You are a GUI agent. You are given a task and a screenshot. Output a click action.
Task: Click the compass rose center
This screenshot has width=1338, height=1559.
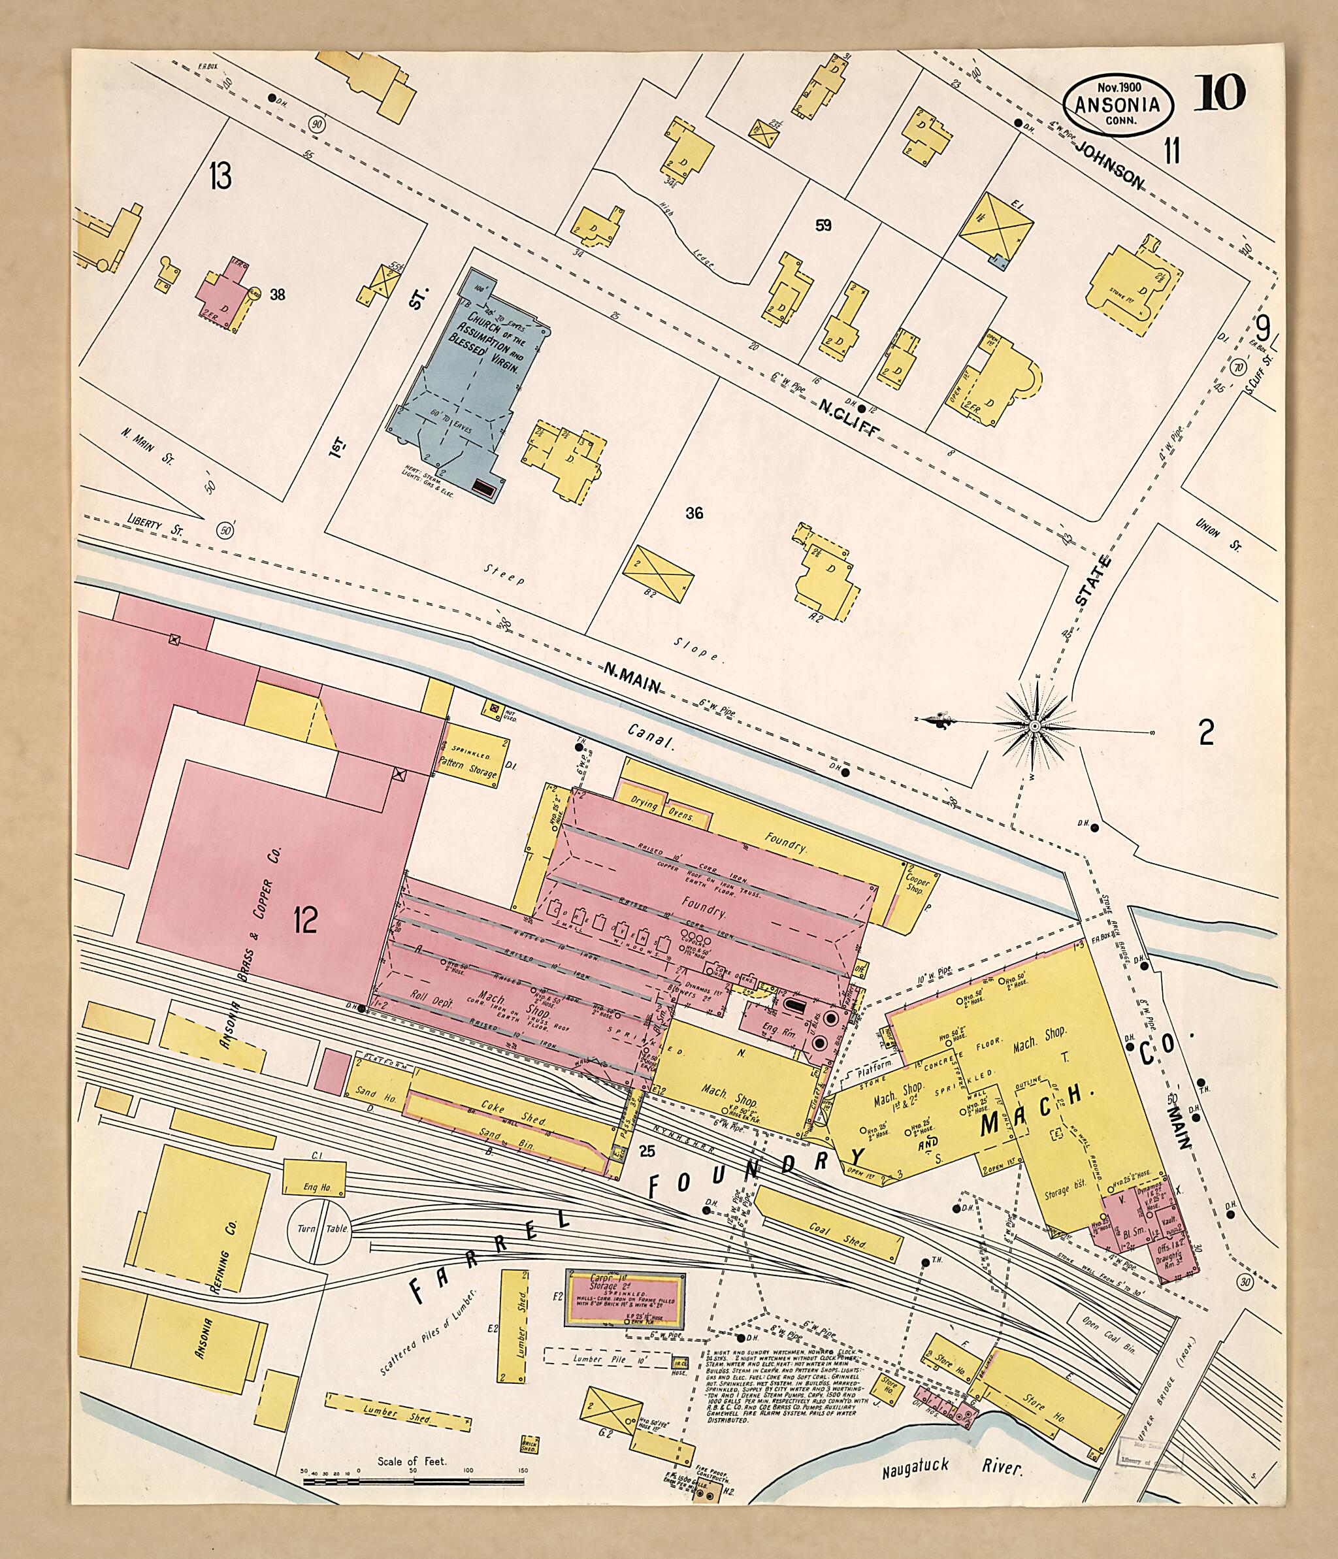pos(1034,725)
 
